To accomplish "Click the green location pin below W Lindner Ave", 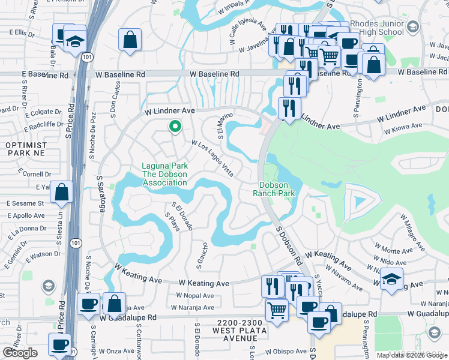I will (175, 127).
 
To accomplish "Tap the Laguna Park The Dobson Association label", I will (164, 175).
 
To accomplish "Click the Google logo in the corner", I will (20, 353).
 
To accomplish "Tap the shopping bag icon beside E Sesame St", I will (62, 193).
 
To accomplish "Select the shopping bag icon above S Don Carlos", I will (130, 40).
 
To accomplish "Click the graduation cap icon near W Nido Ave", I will (391, 279).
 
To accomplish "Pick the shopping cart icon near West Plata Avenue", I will (276, 310).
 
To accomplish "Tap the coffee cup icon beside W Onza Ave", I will (60, 345).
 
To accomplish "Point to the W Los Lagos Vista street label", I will (212, 155).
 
